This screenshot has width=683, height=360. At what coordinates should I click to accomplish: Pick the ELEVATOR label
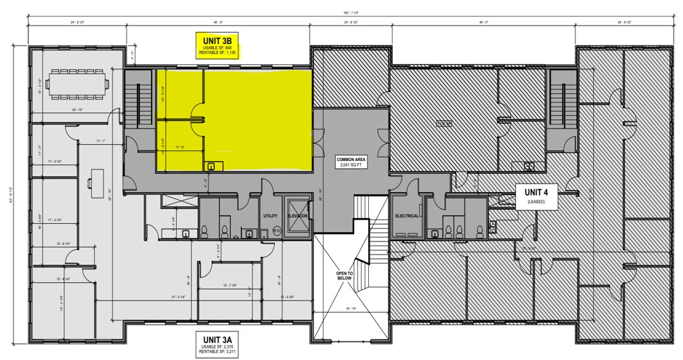(x=297, y=216)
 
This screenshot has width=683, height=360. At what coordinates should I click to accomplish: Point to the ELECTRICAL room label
(x=408, y=216)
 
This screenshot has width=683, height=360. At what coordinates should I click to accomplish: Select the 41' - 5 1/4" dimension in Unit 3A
(x=164, y=297)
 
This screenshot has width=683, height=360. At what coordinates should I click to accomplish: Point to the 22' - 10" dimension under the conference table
(x=76, y=110)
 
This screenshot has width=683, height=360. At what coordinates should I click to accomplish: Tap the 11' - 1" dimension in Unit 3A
(x=102, y=141)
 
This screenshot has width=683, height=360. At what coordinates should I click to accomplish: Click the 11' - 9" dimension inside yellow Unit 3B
(x=180, y=147)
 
